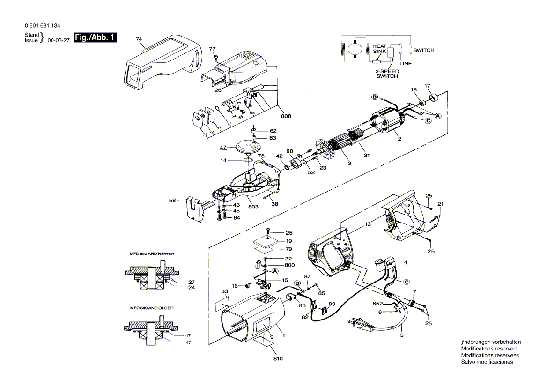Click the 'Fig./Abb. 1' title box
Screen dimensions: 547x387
95,37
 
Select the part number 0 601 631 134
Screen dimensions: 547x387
43,26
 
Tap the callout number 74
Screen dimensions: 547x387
139,39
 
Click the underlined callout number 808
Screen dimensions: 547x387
286,116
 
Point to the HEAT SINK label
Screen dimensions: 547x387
379,49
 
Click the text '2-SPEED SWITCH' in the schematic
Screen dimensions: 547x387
387,74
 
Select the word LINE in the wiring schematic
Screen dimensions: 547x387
406,64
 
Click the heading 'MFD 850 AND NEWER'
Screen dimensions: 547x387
152,253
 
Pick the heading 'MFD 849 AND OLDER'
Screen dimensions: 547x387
152,308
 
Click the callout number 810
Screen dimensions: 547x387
278,359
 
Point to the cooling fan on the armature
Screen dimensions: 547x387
324,148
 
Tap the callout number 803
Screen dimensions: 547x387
253,207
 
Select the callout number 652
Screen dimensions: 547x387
377,304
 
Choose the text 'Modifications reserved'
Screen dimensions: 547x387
489,349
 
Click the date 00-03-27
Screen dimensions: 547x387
59,40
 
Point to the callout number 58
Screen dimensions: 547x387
172,201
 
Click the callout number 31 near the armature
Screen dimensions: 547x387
367,155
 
